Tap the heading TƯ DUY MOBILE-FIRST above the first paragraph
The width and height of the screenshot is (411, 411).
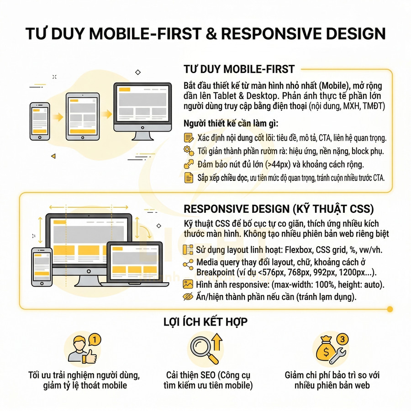pyautogui.click(x=239, y=69)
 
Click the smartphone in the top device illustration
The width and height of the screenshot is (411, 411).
pyautogui.click(x=40, y=121)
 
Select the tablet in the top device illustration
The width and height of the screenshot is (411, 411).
pyautogui.click(x=82, y=116)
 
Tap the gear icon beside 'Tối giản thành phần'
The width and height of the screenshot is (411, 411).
pyautogui.click(x=188, y=150)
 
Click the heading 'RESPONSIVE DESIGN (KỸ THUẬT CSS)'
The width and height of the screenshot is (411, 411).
pyautogui.click(x=279, y=209)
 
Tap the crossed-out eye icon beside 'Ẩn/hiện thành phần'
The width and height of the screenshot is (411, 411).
pyautogui.click(x=188, y=297)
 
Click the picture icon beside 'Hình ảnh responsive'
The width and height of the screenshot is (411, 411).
pyautogui.click(x=188, y=284)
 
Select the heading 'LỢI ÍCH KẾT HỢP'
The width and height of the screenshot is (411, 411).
pyautogui.click(x=205, y=322)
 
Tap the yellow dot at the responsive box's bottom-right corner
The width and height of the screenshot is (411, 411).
pyautogui.click(x=390, y=309)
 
